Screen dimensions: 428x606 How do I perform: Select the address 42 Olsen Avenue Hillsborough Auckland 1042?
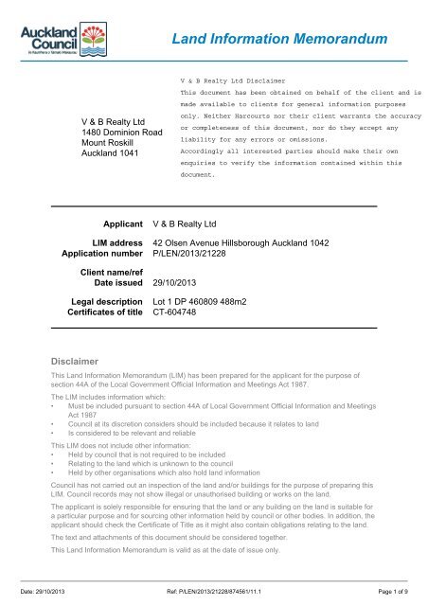tap(241, 243)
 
